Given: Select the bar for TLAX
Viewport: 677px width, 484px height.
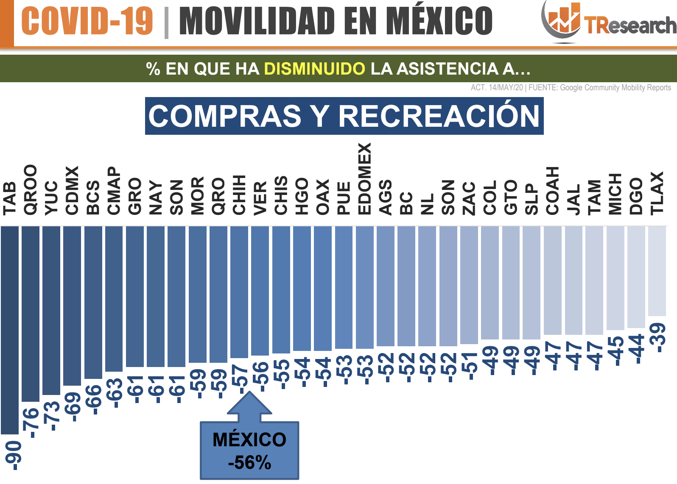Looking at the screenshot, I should point(657,271).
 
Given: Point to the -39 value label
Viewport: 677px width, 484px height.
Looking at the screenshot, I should point(659,337).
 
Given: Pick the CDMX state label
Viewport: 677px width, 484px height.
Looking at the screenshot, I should point(72,190).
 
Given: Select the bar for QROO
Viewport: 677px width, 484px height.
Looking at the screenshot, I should point(31,314).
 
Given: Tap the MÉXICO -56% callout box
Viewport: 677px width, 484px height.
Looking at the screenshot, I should point(249,450).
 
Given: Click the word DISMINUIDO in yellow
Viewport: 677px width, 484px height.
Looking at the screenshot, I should point(314,69).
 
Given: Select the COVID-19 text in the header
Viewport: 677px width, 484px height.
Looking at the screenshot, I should point(87,21).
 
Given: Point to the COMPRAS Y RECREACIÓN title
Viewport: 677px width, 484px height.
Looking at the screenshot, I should point(344,116).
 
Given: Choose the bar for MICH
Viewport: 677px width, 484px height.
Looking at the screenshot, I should point(615,278).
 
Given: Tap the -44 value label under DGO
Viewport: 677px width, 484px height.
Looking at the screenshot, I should point(638,349).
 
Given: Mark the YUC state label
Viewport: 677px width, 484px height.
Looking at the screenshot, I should point(51,197).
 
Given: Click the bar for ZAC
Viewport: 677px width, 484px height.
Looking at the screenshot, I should point(469,285).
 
